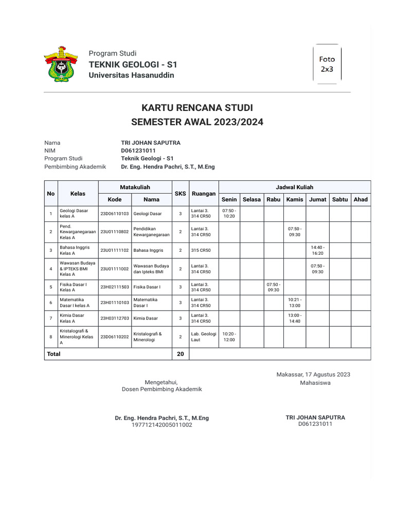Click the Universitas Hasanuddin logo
[x=61, y=64]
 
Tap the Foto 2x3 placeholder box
[x=327, y=64]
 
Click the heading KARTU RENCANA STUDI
[x=197, y=108]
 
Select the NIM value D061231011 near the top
[x=138, y=151]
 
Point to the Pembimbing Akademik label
[x=75, y=166]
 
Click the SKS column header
[x=180, y=193]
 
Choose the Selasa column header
[x=252, y=199]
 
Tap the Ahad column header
[x=361, y=199]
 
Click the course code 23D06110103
[x=114, y=213]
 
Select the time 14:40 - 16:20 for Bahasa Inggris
[x=317, y=250]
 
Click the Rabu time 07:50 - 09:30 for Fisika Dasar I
[x=273, y=287]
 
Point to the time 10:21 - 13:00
[x=295, y=303]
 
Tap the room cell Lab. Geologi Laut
[x=204, y=336]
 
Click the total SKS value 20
[x=180, y=354]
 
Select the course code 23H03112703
[x=114, y=318]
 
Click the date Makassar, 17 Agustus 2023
[x=313, y=374]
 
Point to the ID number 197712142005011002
[x=161, y=425]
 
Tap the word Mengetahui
[x=161, y=382]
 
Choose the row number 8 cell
[x=50, y=336]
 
